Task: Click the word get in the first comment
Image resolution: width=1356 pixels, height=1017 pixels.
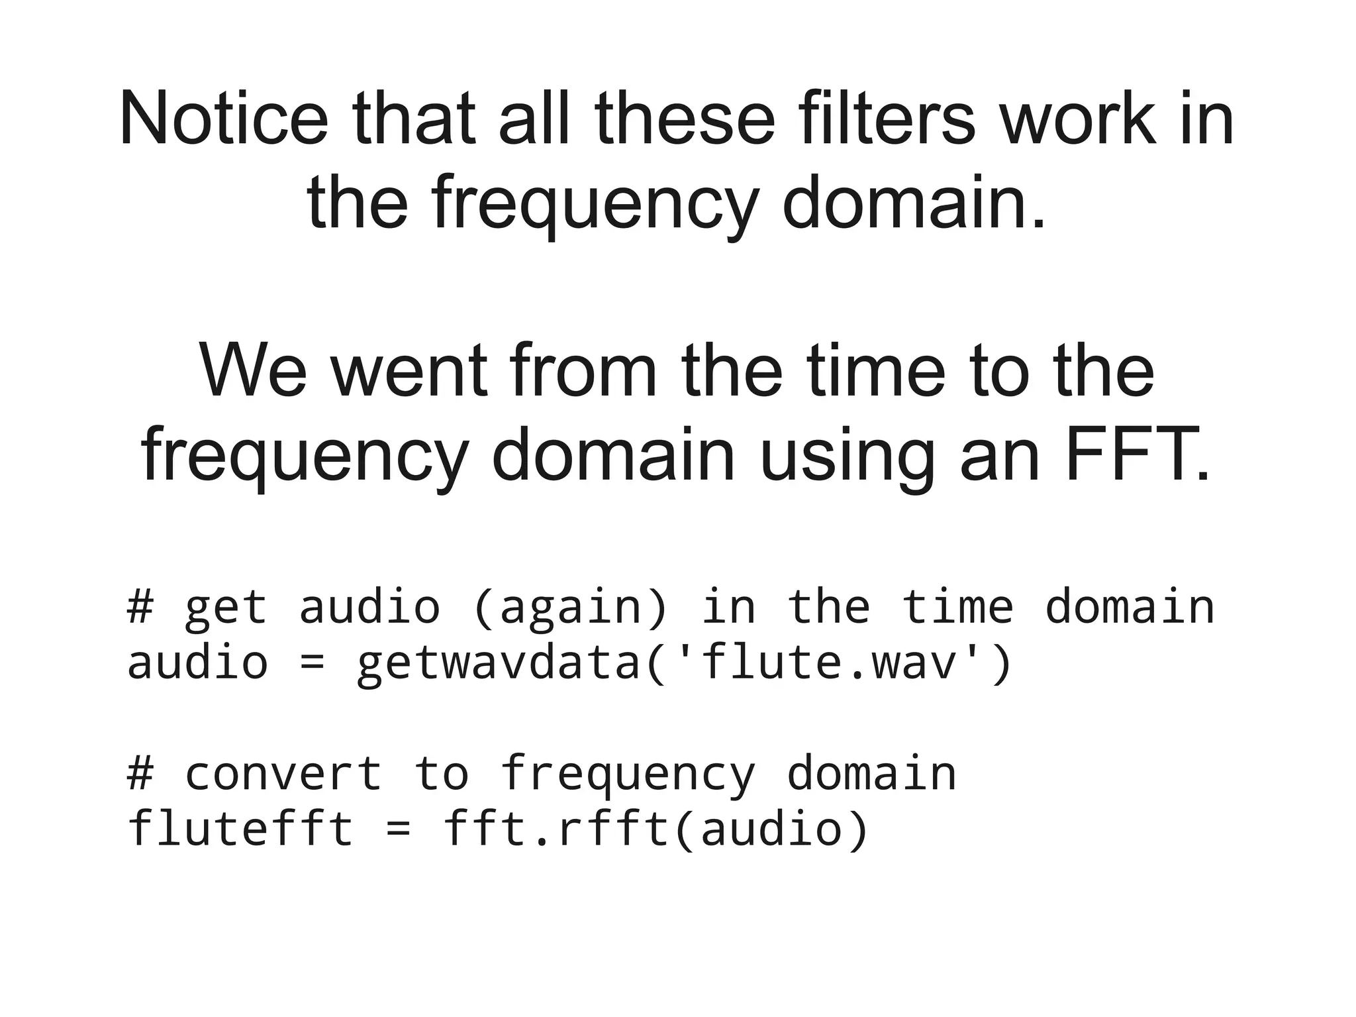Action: [225, 608]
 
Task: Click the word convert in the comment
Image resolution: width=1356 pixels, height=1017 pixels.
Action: [283, 773]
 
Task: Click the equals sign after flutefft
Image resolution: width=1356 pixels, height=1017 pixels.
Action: [398, 830]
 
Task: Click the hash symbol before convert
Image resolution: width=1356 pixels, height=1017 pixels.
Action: [140, 773]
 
